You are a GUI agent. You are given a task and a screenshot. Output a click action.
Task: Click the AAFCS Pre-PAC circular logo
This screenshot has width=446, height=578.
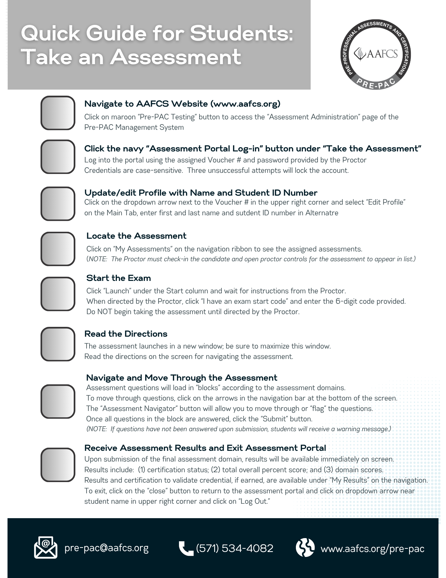click(x=376, y=54)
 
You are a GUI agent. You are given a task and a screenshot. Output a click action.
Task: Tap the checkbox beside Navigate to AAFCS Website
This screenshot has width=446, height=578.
click(x=58, y=113)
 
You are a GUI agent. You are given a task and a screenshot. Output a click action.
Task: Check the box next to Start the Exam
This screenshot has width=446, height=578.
click(x=58, y=294)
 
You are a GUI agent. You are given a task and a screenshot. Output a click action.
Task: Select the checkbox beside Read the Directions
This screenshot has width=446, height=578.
click(x=58, y=344)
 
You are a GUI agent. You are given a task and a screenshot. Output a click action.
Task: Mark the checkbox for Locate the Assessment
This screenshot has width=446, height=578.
click(x=58, y=249)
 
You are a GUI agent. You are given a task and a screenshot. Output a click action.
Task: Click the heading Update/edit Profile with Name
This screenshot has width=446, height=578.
click(x=201, y=193)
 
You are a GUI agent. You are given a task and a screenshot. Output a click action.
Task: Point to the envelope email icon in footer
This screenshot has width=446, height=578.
click(x=45, y=547)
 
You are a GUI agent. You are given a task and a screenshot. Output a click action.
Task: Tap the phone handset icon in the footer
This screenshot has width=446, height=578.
click(x=186, y=548)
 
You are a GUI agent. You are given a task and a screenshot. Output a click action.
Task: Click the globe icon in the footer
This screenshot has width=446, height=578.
click(x=305, y=547)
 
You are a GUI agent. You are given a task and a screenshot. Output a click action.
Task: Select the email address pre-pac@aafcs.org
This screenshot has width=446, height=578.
click(x=107, y=548)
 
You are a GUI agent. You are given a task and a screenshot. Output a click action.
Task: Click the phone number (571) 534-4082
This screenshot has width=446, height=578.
click(x=234, y=548)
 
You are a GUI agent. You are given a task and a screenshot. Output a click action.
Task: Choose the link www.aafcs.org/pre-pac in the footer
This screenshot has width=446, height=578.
click(x=372, y=548)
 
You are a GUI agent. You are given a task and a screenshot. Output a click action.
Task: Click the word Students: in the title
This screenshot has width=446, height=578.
click(x=241, y=33)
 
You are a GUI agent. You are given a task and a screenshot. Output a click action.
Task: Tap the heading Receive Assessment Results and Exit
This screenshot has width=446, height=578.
click(x=205, y=448)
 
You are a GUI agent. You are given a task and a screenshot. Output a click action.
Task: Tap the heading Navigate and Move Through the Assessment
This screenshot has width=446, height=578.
click(x=182, y=378)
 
